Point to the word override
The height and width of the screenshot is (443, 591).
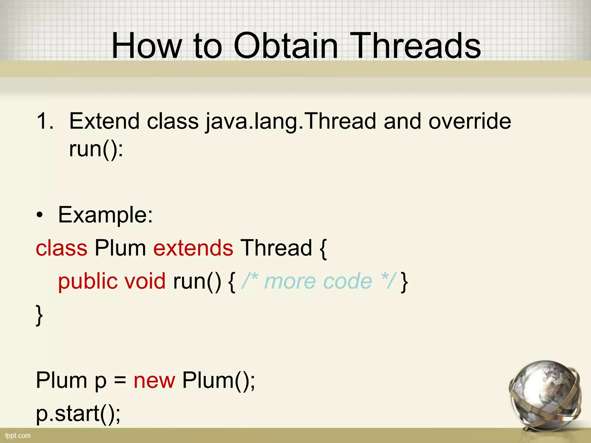point(470,121)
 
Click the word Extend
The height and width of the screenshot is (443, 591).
point(105,121)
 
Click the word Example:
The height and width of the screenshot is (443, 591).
point(105,215)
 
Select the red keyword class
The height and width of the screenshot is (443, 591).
point(61,248)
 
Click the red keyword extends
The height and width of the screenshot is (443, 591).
point(193,248)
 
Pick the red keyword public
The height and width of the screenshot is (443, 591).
point(88,281)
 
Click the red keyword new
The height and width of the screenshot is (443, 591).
point(154,381)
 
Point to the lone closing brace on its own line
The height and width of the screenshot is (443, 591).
point(39,315)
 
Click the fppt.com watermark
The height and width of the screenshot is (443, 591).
point(18,436)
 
